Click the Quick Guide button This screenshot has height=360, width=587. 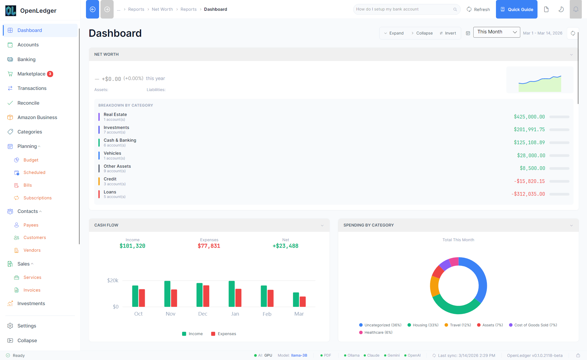point(517,9)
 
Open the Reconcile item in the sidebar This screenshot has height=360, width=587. point(28,103)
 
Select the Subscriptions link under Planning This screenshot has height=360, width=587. point(37,198)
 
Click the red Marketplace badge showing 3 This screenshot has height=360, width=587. point(50,74)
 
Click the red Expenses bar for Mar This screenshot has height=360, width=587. point(303,301)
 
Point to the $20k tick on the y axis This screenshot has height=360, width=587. point(113,281)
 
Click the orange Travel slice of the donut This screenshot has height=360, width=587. point(434,286)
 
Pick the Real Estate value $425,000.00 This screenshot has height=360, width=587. point(529,117)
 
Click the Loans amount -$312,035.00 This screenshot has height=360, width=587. point(528,194)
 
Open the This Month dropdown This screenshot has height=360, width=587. point(497,32)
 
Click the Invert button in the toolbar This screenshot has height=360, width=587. point(448,33)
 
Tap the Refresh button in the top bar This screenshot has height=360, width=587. point(478,9)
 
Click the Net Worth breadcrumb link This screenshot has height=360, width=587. point(162,9)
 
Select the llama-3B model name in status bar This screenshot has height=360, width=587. point(299,355)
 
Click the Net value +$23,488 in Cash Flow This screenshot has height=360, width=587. point(285,246)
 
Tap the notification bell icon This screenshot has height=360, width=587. point(575,9)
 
